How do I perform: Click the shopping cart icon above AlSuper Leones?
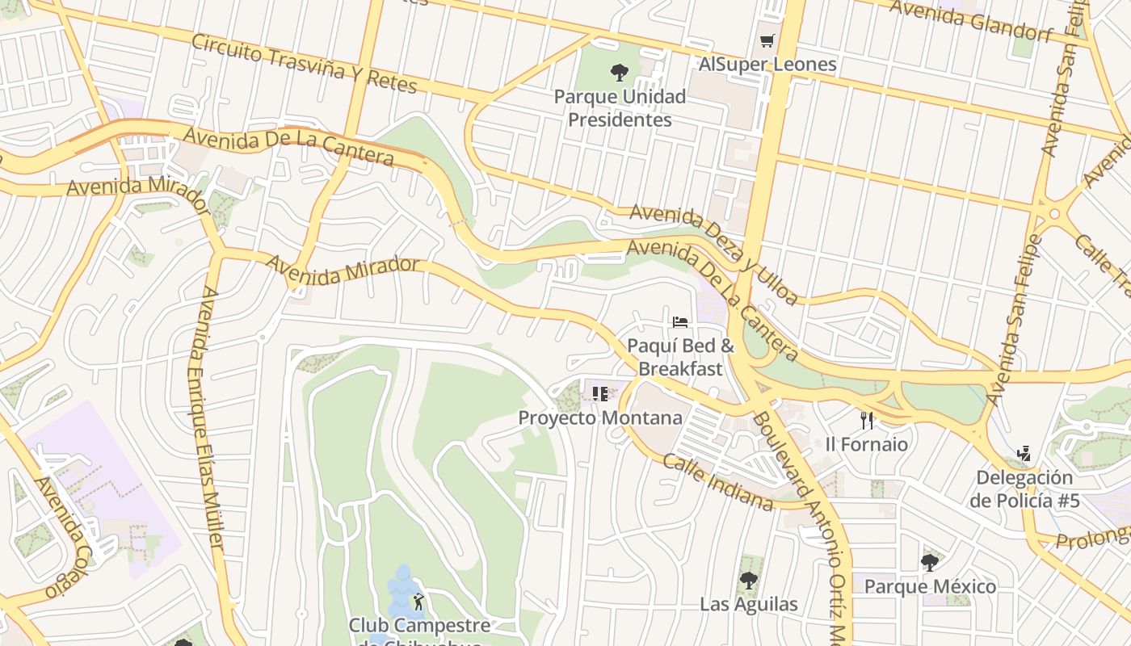(767, 41)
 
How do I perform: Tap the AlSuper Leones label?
(767, 65)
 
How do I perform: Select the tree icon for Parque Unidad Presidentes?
(620, 73)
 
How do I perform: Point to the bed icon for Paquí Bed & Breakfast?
(680, 322)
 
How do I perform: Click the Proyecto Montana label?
(599, 418)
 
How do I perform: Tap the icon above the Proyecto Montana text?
(599, 394)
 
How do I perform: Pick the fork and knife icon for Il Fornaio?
(867, 420)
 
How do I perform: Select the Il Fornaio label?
(866, 444)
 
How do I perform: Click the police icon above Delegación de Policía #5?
(1024, 453)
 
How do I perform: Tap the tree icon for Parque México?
(930, 562)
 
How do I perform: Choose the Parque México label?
(930, 586)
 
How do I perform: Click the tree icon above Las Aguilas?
(749, 580)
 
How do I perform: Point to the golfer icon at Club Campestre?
(418, 602)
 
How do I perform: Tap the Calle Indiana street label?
(718, 482)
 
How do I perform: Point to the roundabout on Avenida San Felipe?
(1054, 213)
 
